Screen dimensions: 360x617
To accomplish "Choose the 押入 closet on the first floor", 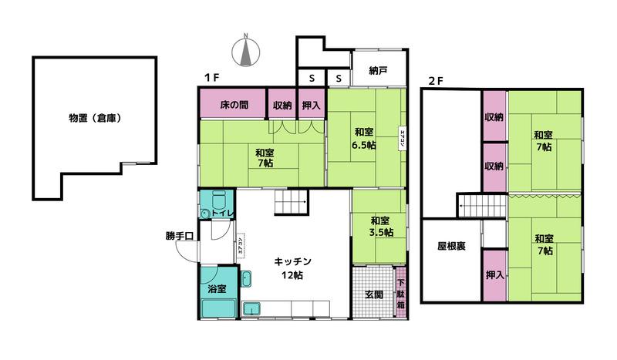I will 312,105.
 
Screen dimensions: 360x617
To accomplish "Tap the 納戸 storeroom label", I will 378,72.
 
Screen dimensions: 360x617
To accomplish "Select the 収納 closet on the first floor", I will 282,105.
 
